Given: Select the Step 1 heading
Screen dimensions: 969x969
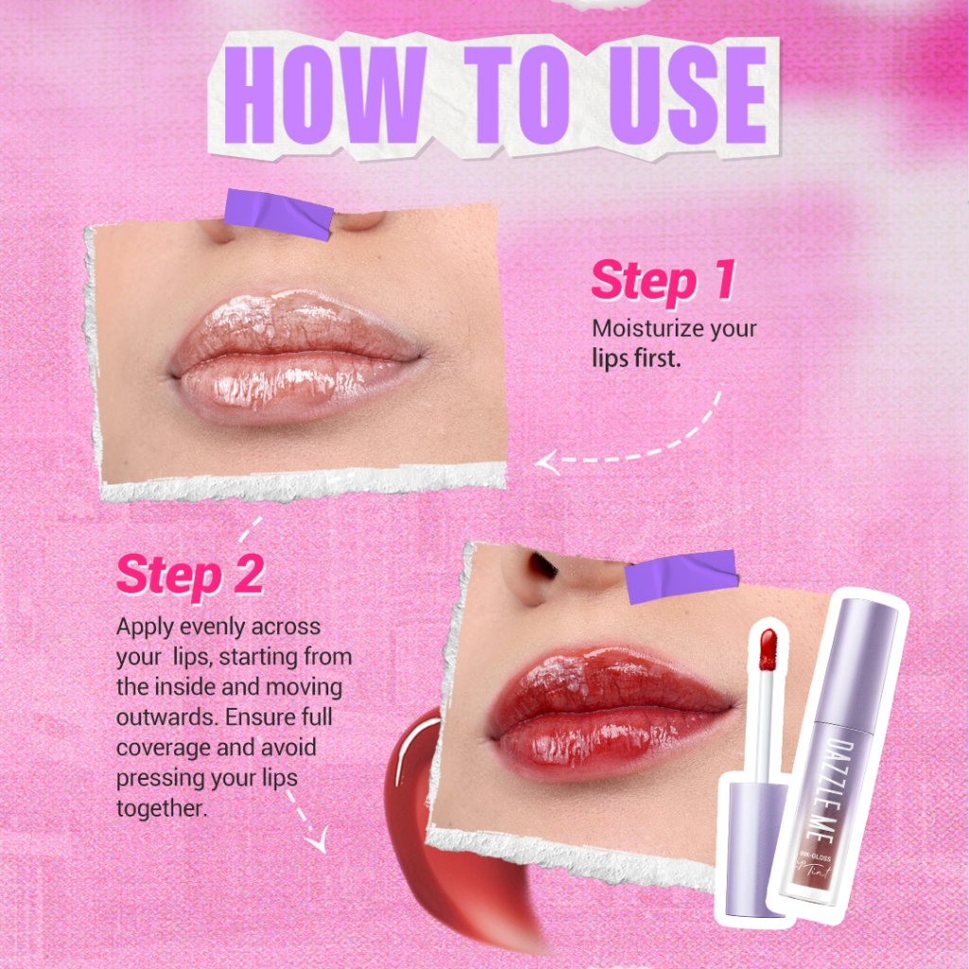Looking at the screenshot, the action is point(663,281).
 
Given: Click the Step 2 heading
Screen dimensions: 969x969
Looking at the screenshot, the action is point(190,574).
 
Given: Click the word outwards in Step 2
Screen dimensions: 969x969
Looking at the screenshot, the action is point(166,717).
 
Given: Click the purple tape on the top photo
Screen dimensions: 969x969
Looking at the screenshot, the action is point(279,214).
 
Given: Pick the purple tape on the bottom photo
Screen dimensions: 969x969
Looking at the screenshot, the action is point(681,576).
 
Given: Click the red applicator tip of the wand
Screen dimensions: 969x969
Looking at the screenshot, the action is point(767,649).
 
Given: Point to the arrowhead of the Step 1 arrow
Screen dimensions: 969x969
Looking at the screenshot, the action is point(547,462).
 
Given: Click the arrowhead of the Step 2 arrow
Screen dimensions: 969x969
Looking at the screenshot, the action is point(318,841).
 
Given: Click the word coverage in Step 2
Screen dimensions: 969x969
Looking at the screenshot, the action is point(163,749).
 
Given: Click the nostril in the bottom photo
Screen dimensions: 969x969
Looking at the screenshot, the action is point(543,565).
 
